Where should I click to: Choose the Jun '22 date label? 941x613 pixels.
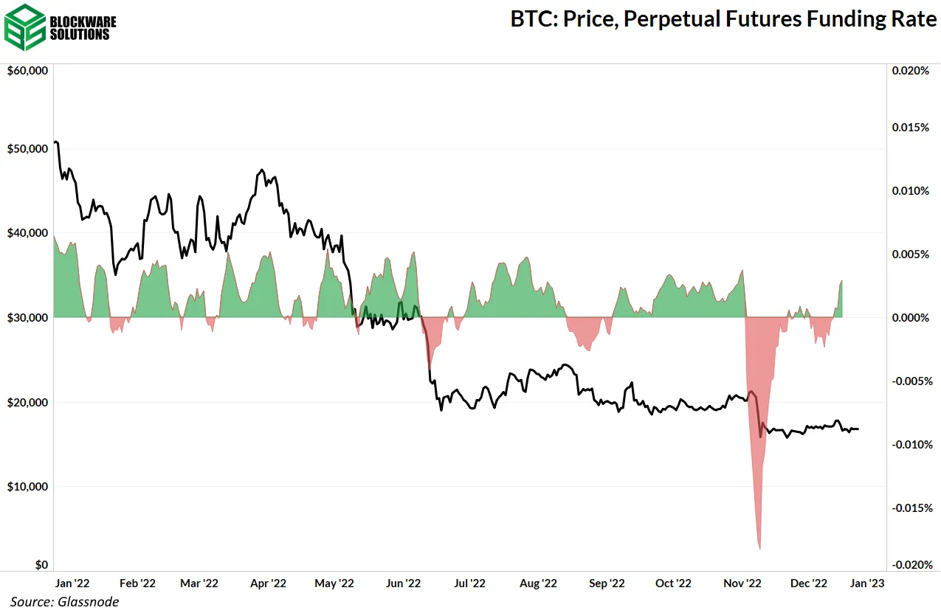coord(403,583)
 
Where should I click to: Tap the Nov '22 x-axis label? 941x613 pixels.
coord(742,583)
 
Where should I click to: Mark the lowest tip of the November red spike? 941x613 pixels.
coord(759,549)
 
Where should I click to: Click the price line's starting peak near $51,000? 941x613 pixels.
coord(57,142)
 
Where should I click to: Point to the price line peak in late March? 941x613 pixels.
coord(263,170)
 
